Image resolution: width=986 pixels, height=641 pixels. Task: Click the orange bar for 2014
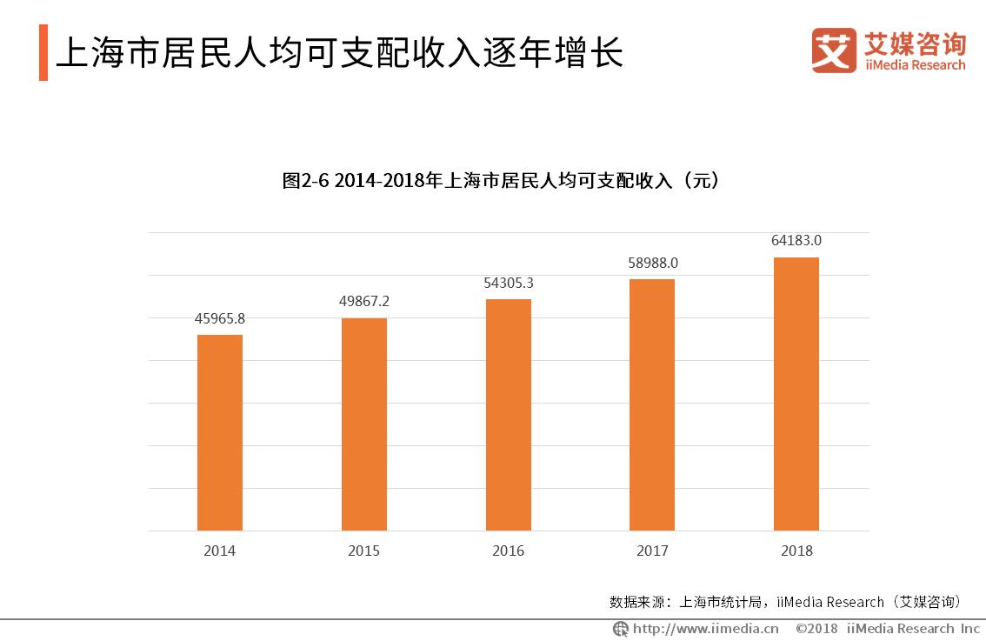click(220, 432)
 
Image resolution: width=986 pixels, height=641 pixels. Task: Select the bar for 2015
click(364, 424)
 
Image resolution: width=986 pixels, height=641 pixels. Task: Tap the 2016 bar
click(509, 415)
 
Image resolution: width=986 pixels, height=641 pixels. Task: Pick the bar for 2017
click(652, 404)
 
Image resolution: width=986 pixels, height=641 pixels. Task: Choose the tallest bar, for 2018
click(796, 393)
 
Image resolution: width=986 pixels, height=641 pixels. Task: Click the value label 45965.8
click(220, 318)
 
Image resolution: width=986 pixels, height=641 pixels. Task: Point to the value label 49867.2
click(364, 301)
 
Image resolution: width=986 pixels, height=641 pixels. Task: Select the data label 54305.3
click(509, 283)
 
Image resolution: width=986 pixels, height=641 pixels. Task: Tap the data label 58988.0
click(652, 262)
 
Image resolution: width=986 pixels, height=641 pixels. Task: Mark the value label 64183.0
click(796, 240)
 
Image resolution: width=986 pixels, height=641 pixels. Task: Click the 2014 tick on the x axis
click(220, 551)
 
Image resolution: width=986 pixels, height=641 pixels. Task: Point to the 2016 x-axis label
click(509, 551)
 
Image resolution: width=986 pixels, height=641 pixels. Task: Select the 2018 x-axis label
click(796, 551)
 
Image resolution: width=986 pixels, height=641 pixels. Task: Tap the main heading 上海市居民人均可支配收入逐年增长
click(339, 53)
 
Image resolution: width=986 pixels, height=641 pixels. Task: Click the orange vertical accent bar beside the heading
click(43, 53)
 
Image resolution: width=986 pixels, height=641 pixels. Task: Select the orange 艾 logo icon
click(834, 50)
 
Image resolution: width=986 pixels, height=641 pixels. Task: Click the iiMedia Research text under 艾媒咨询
click(914, 65)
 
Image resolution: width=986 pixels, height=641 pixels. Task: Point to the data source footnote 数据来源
click(786, 601)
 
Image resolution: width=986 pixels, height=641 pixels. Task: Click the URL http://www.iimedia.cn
click(704, 628)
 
